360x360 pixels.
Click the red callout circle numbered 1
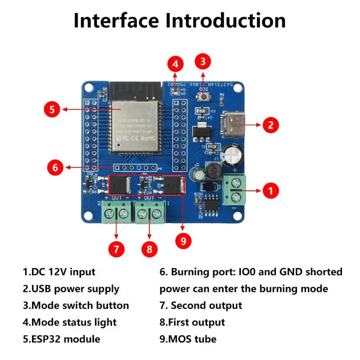point(270,190)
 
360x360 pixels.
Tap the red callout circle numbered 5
point(52,109)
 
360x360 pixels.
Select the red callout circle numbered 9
point(183,241)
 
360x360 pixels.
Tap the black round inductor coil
point(213,171)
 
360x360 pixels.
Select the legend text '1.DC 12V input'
point(59,272)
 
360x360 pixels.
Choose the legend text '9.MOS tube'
point(188,339)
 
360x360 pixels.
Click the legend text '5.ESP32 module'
point(61,339)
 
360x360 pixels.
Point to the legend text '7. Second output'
point(201,306)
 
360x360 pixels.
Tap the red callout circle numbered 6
point(55,168)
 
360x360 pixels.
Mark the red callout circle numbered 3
point(203,61)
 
